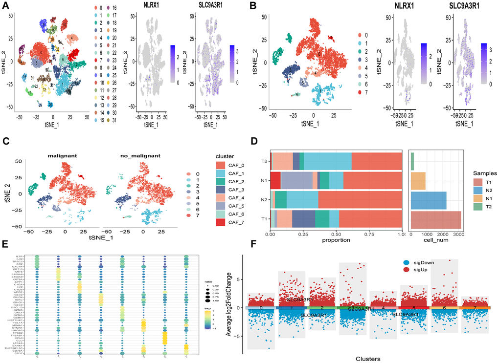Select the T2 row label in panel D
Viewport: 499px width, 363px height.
265,161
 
